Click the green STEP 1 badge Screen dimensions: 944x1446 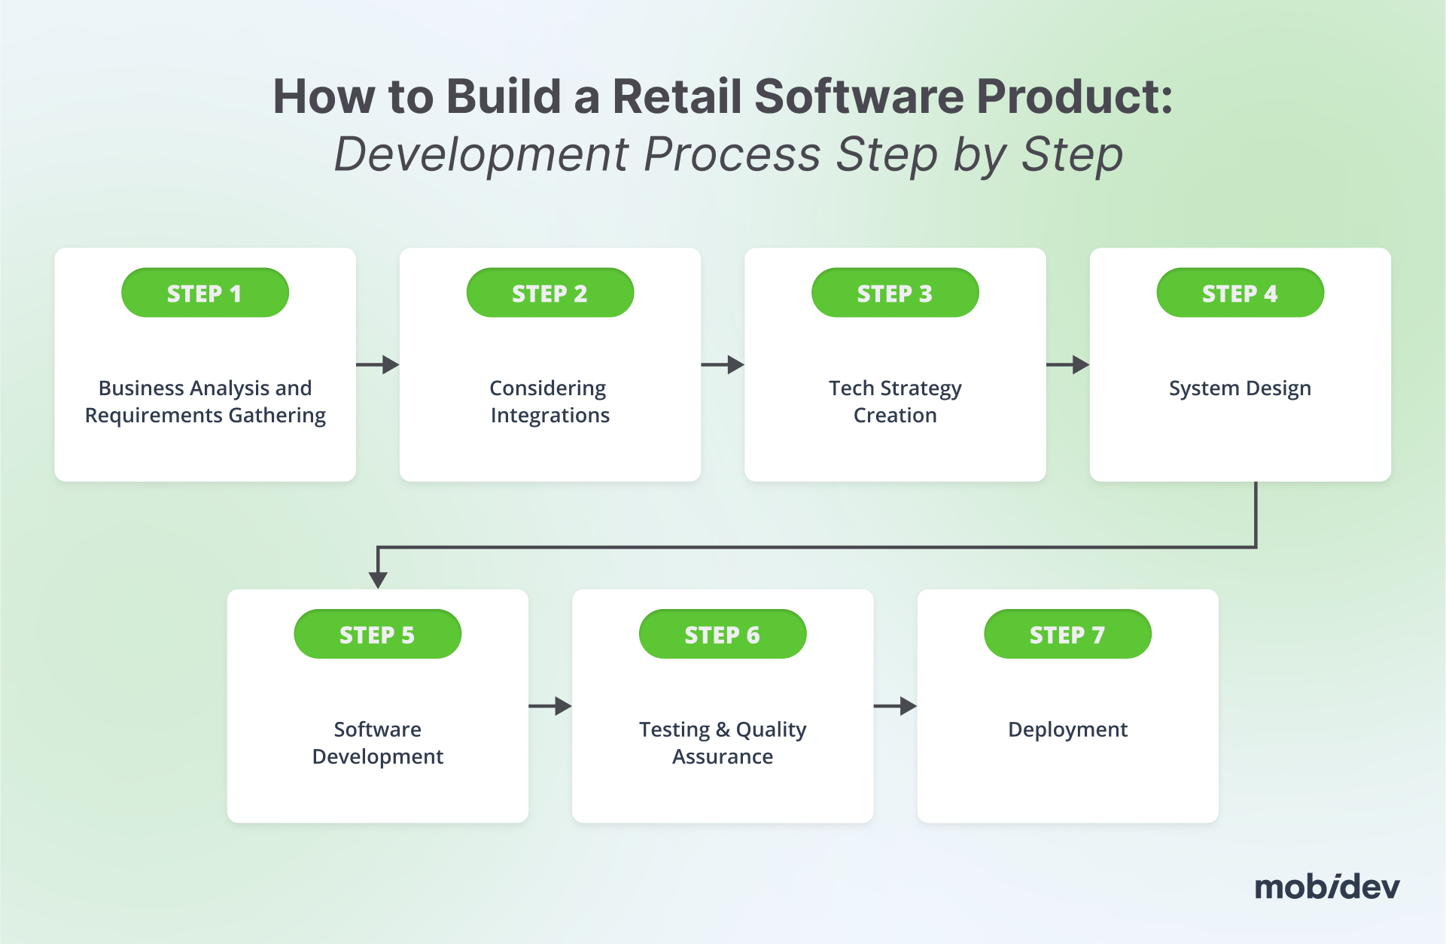coord(205,293)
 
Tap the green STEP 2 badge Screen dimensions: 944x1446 coord(549,293)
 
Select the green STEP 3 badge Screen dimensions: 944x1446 coord(895,293)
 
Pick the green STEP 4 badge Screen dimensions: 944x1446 coord(1240,293)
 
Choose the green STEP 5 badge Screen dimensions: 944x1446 coord(377,635)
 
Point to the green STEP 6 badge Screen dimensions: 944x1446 coord(723,635)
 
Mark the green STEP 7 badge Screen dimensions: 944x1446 coord(1067,635)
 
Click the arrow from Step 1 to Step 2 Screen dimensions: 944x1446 coord(378,365)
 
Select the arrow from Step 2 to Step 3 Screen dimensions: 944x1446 coord(723,365)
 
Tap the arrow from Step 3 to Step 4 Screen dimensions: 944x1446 coord(1067,365)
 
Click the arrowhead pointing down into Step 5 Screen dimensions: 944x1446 coord(378,579)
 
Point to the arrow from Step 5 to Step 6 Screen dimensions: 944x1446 coord(550,706)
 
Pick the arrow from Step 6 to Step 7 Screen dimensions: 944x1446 coord(895,706)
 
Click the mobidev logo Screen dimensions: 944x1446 coord(1326,887)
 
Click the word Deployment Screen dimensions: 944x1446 coord(1067,729)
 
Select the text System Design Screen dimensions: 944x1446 coord(1240,388)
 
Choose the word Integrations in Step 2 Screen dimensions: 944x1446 coord(550,416)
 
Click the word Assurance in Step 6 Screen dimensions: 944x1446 coord(723,757)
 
